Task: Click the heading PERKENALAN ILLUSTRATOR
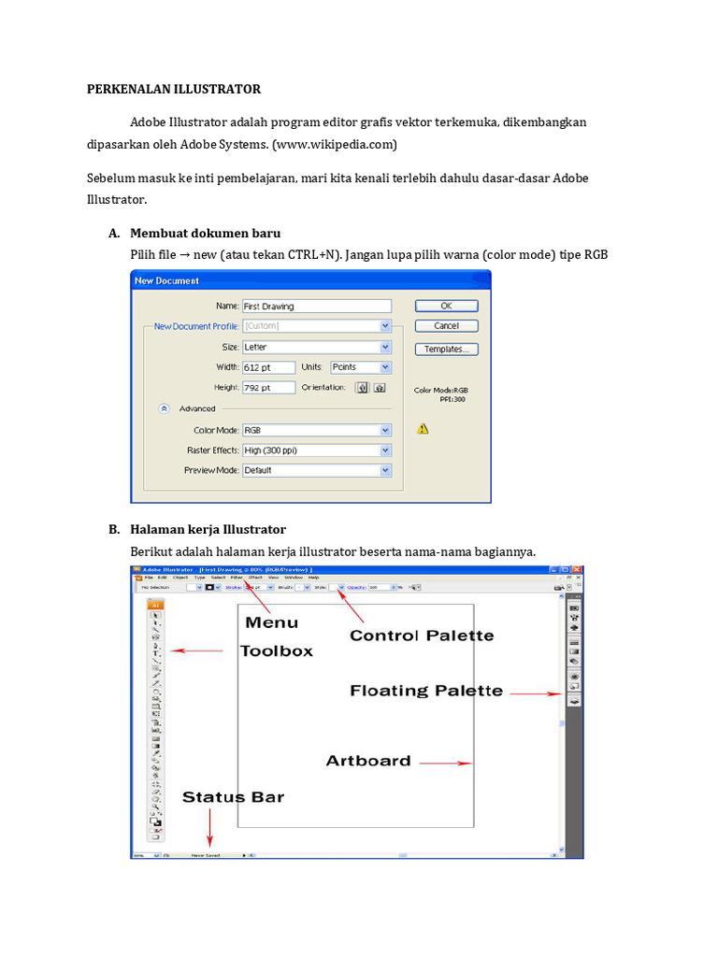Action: point(174,89)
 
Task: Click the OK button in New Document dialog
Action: point(446,306)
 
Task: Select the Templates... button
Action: point(446,350)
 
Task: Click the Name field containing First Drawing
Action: point(316,306)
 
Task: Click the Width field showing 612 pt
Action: point(268,367)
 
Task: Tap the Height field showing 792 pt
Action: point(268,388)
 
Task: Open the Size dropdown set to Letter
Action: point(316,347)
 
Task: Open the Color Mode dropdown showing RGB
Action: point(316,430)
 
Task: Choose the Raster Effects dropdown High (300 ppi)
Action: point(316,450)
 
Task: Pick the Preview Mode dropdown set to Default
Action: point(316,471)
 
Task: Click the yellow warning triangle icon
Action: point(423,429)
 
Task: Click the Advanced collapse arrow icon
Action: point(165,408)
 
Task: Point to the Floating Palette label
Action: point(426,692)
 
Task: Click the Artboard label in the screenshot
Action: point(368,761)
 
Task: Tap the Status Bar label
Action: point(233,797)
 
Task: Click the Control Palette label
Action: point(422,636)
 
